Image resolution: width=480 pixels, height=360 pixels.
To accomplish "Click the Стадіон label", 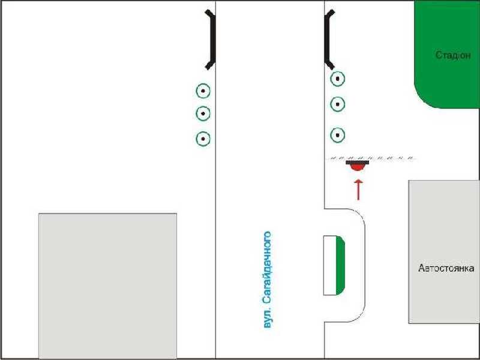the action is tap(453, 55).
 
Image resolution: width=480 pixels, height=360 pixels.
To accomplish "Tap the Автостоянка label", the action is tap(446, 268).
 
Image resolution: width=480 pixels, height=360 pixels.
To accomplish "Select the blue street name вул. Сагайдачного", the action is tap(267, 280).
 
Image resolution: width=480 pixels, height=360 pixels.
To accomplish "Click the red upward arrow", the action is tap(358, 190).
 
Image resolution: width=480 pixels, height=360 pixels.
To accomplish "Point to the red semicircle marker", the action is tap(358, 167).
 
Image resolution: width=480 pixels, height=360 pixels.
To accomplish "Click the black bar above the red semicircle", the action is tap(357, 162).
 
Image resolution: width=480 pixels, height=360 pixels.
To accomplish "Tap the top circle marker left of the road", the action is tap(203, 91).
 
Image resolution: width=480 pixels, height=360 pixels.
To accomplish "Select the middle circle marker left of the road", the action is tap(203, 113).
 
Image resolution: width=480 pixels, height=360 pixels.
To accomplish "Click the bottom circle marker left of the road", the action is tap(203, 139).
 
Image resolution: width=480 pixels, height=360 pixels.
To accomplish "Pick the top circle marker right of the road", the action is tap(338, 79).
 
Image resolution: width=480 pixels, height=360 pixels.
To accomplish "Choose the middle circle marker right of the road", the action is tap(338, 104).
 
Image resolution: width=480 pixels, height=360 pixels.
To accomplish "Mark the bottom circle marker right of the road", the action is tap(338, 135).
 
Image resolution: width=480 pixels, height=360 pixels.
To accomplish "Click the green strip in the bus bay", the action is tap(340, 265).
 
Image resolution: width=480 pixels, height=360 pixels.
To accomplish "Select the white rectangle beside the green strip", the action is tap(330, 265).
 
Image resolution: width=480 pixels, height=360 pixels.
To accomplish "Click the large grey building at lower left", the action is tap(107, 286).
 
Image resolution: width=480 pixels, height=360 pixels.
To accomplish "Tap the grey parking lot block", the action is tap(444, 251).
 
